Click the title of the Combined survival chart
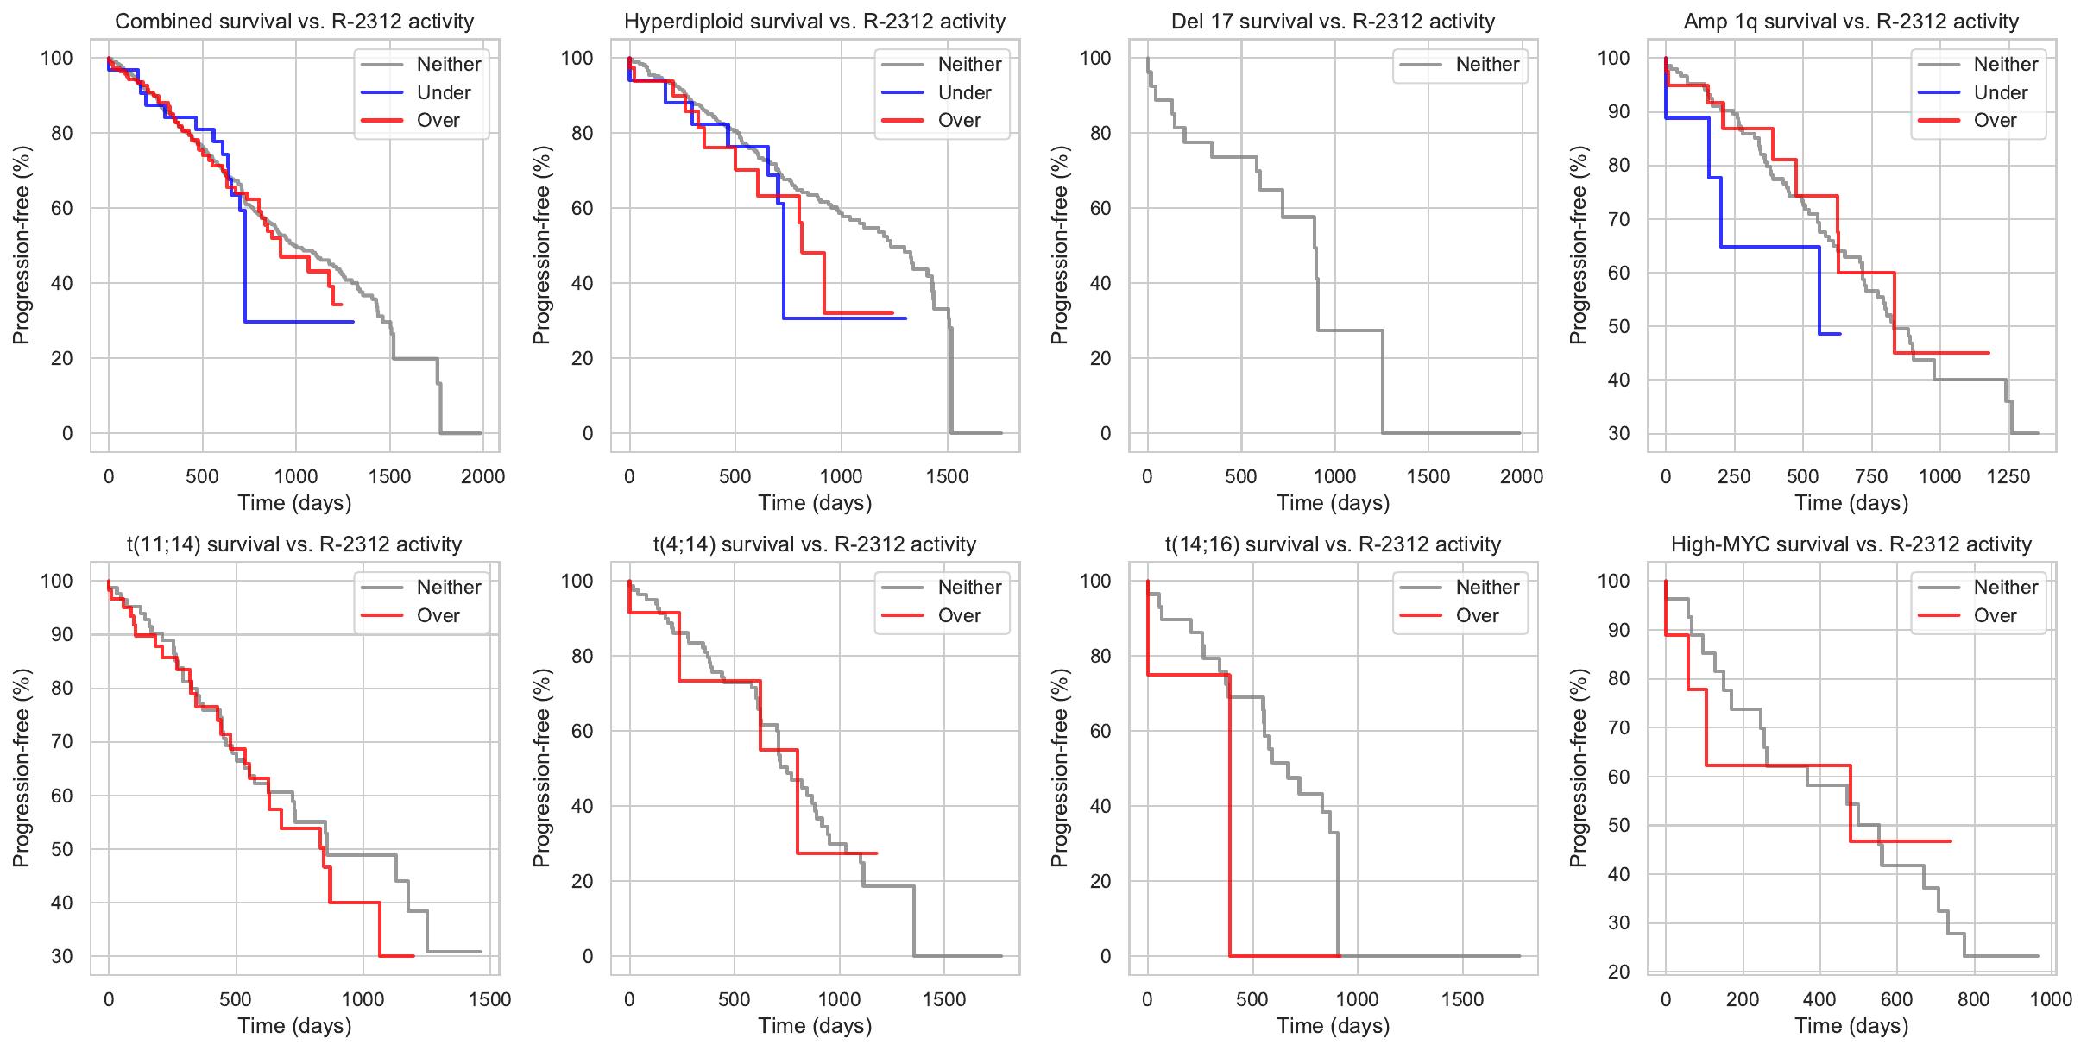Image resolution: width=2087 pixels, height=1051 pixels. coord(294,22)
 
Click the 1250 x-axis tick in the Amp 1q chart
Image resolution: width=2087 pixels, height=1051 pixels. coord(2008,476)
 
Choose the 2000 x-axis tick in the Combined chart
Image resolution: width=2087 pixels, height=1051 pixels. coord(482,476)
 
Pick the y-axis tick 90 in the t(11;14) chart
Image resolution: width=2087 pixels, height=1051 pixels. coord(62,634)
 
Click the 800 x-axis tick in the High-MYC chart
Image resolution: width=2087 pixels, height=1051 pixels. coord(1974,999)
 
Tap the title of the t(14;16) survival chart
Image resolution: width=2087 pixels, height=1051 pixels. coord(1333,544)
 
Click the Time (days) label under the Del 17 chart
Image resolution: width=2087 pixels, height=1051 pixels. coord(1333,503)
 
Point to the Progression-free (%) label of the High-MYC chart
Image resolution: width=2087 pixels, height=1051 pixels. coord(1578,768)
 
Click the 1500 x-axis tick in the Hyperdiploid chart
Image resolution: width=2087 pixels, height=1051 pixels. coord(947,476)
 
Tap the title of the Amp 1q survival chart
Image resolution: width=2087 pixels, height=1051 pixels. coord(1851,22)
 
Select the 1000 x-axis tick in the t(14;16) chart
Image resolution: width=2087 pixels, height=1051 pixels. coord(1357,999)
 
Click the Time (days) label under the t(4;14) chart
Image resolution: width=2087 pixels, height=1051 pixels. coord(815,1026)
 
